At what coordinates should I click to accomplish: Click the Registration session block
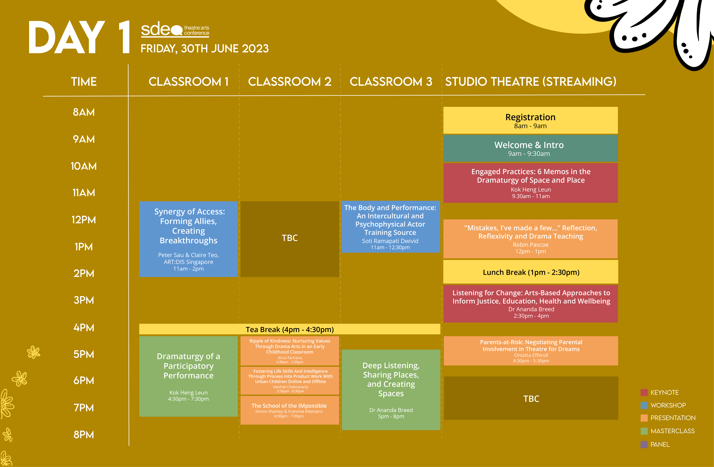[x=530, y=120]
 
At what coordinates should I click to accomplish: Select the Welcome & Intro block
[x=530, y=148]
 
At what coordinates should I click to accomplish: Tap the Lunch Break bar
[x=530, y=272]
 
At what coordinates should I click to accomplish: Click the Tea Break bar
[x=290, y=329]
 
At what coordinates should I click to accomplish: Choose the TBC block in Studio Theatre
[x=531, y=398]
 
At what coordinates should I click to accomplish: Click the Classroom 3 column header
[x=391, y=81]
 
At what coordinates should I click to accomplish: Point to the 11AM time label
[x=84, y=193]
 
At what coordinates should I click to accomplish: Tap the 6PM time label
[x=84, y=381]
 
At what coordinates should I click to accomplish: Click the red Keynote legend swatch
[x=644, y=393]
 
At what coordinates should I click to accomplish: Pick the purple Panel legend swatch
[x=644, y=445]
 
